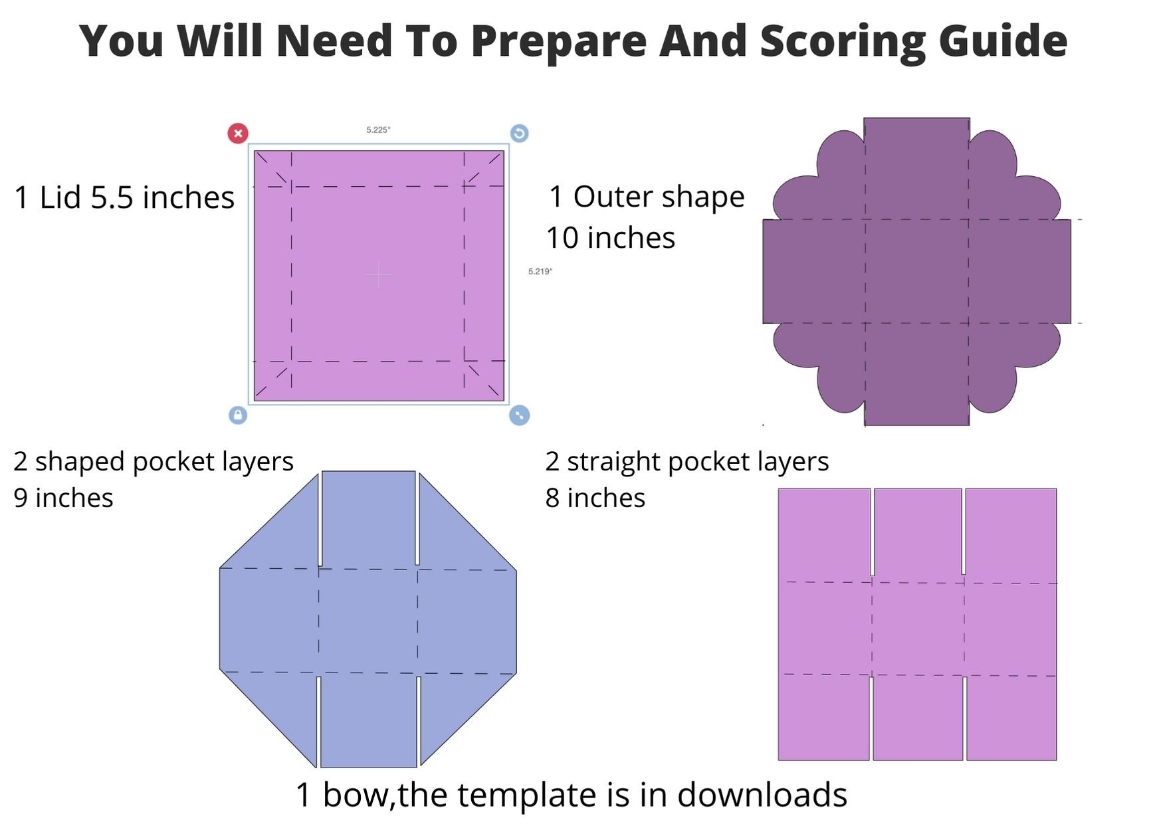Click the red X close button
[238, 134]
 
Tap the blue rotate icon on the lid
[519, 134]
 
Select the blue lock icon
[238, 415]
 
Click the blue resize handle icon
[519, 415]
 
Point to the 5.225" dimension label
[378, 130]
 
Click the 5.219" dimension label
[540, 271]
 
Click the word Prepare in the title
[559, 42]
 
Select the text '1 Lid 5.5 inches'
[124, 197]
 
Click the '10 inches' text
[611, 238]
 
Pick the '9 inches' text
[63, 498]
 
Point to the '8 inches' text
[595, 498]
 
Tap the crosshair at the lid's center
[379, 274]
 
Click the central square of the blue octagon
[368, 621]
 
